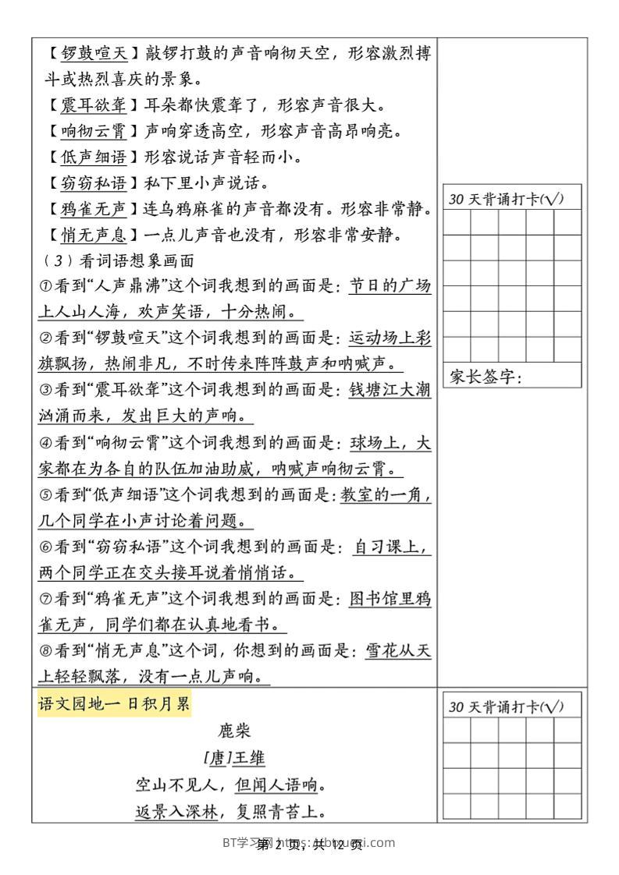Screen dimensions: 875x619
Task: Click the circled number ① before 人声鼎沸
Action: (44, 286)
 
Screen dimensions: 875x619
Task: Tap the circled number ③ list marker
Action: (44, 390)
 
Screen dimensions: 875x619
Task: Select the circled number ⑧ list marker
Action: (44, 650)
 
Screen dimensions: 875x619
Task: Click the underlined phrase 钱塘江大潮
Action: (390, 390)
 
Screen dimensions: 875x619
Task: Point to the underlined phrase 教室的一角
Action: (386, 494)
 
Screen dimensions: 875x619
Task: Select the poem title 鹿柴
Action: (234, 732)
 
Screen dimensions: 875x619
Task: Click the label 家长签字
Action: (484, 377)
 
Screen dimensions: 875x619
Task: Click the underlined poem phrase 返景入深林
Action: (175, 811)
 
